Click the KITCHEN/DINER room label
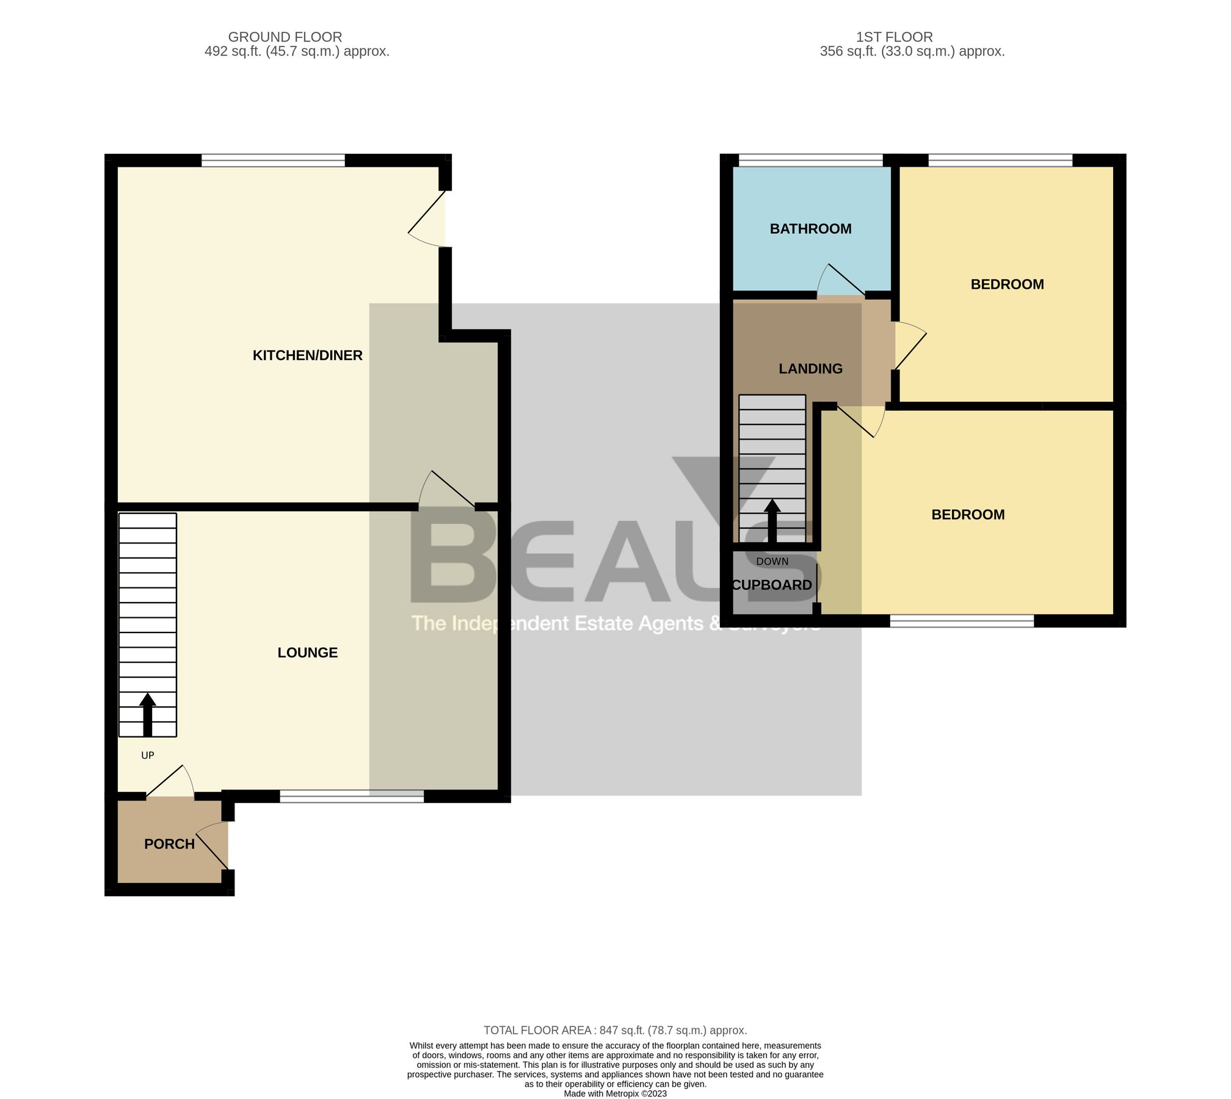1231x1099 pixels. click(x=307, y=355)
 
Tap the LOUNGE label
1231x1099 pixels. click(x=307, y=653)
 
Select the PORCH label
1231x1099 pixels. click(x=169, y=844)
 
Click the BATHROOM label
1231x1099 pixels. click(x=810, y=229)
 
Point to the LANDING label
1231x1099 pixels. click(x=810, y=369)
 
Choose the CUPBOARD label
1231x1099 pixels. click(x=772, y=585)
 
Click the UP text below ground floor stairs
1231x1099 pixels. click(x=147, y=755)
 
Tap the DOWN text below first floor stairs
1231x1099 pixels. click(x=772, y=561)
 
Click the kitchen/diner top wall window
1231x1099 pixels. click(x=273, y=161)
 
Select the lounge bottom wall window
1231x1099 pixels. click(x=352, y=796)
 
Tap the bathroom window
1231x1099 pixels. click(x=810, y=161)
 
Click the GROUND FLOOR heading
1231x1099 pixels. click(x=285, y=37)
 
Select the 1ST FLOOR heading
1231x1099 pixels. click(x=894, y=37)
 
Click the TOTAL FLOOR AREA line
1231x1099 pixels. click(x=615, y=1031)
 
